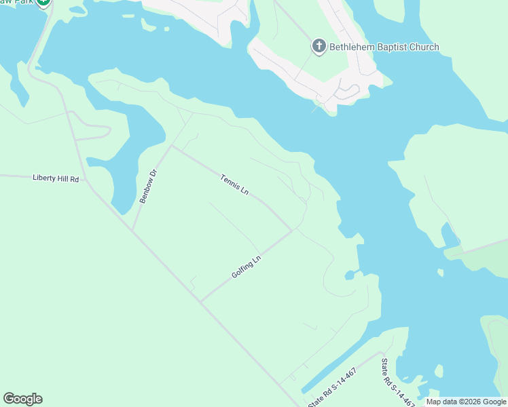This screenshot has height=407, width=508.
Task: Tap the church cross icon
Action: coord(318,47)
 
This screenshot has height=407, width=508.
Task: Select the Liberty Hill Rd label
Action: coord(56,178)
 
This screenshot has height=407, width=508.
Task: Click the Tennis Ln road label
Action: coord(234,185)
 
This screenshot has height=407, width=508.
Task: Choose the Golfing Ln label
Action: coord(246,265)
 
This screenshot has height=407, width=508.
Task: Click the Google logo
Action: coord(22,399)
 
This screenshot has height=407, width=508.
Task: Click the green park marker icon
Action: coord(43,2)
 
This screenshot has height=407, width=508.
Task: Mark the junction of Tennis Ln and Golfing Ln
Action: coord(293,230)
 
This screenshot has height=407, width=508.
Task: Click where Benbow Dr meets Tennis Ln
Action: coord(171,144)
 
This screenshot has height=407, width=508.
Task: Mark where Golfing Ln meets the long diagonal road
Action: coord(200,301)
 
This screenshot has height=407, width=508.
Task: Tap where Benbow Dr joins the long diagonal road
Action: coord(132,231)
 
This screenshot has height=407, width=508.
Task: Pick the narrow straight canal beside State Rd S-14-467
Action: coord(340,372)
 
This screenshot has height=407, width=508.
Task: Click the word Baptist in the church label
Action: coord(390,47)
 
